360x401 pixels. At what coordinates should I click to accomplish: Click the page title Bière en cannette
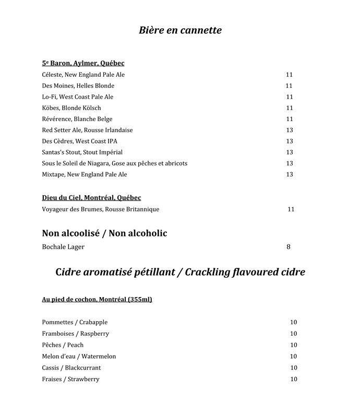(x=180, y=30)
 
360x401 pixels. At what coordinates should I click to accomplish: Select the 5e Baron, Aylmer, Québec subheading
(x=83, y=63)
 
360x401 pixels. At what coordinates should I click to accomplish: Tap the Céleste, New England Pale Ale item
(x=83, y=75)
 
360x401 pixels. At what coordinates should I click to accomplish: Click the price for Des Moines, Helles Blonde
(x=289, y=86)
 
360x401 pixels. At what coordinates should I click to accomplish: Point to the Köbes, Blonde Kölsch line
(x=71, y=108)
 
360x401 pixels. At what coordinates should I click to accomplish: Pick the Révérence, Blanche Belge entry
(x=77, y=119)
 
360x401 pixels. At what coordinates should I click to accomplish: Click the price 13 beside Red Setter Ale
(x=290, y=130)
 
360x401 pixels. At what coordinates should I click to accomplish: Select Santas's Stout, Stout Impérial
(x=82, y=152)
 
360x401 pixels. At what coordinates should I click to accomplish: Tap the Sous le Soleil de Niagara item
(x=115, y=163)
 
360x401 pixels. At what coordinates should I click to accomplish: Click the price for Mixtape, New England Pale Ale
(x=290, y=174)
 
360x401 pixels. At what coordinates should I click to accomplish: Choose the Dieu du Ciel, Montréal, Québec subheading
(x=91, y=198)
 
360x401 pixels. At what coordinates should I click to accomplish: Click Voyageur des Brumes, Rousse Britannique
(x=101, y=209)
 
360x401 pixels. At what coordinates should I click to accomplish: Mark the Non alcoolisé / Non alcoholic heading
(x=104, y=233)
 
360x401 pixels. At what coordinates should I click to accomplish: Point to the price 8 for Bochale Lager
(x=289, y=247)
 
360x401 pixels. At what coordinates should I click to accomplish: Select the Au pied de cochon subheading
(x=97, y=300)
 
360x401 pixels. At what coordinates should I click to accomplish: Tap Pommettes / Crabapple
(x=75, y=322)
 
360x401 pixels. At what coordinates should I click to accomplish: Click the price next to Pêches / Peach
(x=293, y=345)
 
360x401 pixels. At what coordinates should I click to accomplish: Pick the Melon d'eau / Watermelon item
(x=79, y=357)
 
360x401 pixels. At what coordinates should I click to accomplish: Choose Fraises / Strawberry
(x=70, y=379)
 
